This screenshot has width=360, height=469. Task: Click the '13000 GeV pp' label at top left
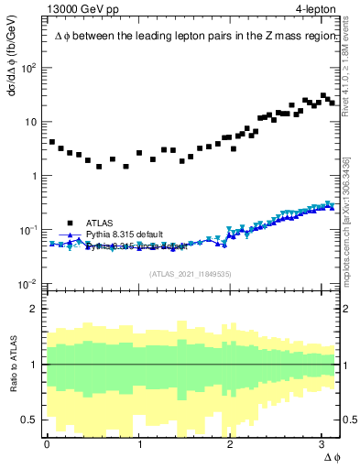(x=82, y=9)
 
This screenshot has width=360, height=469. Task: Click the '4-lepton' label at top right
(x=314, y=9)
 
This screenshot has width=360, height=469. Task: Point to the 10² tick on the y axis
(x=29, y=68)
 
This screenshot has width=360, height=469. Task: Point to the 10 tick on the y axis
(x=32, y=122)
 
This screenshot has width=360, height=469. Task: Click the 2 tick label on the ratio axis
(x=34, y=309)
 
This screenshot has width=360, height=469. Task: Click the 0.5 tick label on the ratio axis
(x=29, y=420)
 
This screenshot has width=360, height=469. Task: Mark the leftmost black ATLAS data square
(x=52, y=142)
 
